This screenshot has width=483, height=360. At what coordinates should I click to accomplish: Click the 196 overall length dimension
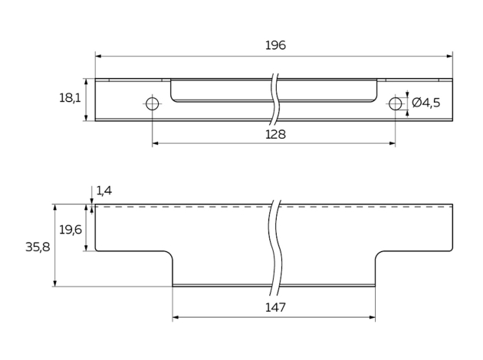coord(275,45)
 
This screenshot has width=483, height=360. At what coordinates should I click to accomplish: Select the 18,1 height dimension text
coord(70,98)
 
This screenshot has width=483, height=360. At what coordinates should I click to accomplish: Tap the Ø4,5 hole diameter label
coord(426,103)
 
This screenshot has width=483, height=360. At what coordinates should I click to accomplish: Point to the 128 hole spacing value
coord(275,134)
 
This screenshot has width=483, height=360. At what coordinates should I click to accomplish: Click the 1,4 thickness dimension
coord(104,190)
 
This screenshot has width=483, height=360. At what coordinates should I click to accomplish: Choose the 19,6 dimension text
coord(70,229)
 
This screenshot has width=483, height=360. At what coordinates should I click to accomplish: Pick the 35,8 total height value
coord(38,247)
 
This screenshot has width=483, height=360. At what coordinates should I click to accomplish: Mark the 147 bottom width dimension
coord(275,307)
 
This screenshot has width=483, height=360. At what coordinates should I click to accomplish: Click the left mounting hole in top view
coord(152,103)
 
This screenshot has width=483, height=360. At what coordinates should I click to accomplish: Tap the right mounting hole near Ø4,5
coord(395,103)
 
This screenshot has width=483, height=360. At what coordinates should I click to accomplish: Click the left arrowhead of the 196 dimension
coord(98,56)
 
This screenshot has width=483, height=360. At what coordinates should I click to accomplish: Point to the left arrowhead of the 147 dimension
coord(176,317)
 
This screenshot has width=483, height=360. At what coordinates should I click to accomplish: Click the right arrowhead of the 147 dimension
coord(373,317)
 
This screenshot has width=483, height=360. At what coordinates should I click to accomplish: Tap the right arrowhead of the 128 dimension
coord(393,143)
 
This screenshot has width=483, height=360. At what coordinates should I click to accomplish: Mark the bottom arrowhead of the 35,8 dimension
coord(54,283)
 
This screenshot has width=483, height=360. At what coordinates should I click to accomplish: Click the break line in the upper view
coord(273,100)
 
